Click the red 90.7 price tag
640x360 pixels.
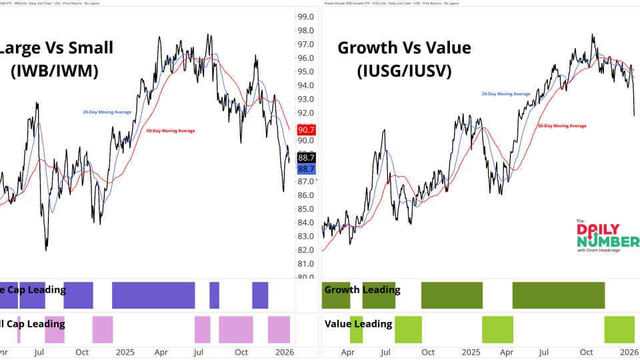coord(306,130)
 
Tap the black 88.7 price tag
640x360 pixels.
coord(306,158)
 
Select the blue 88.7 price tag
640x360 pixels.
coord(306,169)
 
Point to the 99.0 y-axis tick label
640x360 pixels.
coord(306,17)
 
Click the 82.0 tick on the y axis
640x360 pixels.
coord(306,250)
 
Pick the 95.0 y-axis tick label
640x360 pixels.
coord(306,72)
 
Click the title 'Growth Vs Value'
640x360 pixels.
coord(404,48)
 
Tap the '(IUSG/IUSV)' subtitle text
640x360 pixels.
coord(404,71)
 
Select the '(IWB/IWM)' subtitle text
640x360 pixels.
coord(55,71)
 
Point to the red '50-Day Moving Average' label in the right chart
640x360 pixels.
coord(561,125)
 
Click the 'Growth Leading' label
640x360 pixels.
coord(362,290)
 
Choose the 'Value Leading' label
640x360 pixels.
coord(358,324)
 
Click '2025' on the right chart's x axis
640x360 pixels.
coord(471,352)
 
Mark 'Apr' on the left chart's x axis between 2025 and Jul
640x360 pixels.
coord(161,352)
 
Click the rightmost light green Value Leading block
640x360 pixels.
coord(619,329)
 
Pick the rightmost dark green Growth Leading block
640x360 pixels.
coord(558,295)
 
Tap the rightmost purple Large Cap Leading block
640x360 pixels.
coord(260,295)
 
